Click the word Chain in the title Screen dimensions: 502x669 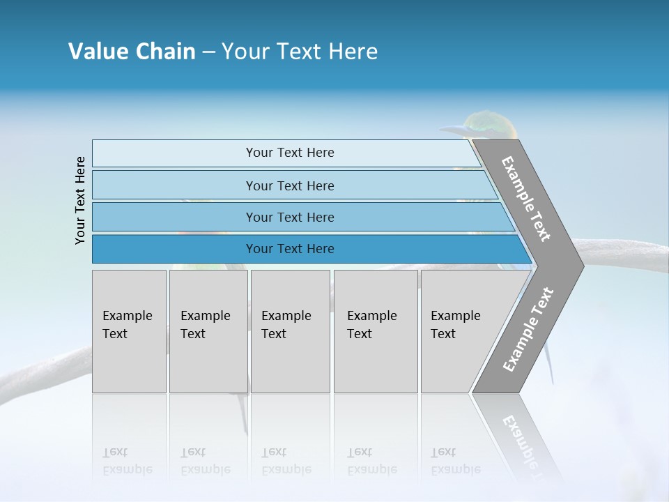165,52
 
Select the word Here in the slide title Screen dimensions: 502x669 353,52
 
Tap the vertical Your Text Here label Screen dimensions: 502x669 80,200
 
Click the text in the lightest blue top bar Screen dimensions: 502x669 290,153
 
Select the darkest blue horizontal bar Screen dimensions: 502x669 290,249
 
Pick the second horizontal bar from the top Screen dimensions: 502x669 290,185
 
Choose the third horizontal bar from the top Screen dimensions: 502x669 290,217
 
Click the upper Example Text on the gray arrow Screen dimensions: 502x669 526,199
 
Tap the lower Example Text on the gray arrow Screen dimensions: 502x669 528,329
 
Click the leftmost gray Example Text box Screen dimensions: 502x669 129,331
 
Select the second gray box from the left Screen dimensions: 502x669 208,331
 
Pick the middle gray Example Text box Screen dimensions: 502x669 290,331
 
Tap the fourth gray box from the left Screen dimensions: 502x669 375,331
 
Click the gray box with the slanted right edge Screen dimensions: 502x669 460,331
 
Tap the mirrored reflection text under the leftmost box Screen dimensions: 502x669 128,462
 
